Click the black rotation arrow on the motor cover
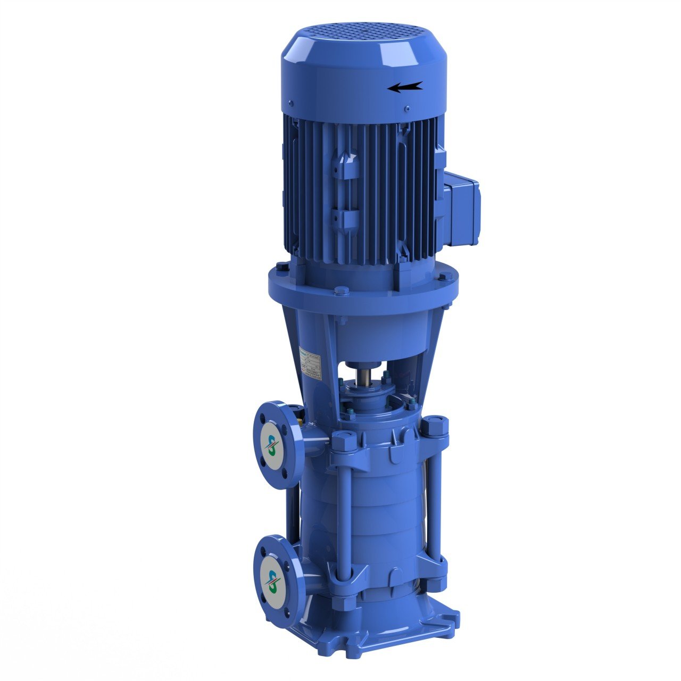click(405, 87)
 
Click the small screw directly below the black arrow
click(407, 109)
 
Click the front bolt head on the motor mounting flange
click(342, 290)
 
